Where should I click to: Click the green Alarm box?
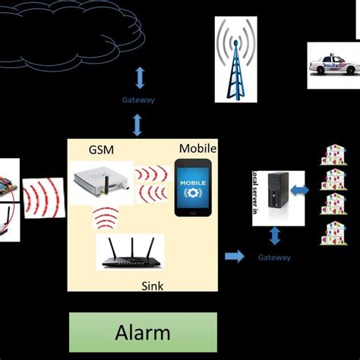[143, 332]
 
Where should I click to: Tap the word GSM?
[101, 150]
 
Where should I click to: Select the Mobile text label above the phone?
[197, 149]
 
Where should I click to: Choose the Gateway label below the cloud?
[138, 99]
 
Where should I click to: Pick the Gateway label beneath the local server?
[274, 257]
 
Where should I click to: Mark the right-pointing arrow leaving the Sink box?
[235, 257]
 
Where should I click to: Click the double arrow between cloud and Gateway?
[138, 77]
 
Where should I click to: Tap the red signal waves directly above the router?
[106, 219]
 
